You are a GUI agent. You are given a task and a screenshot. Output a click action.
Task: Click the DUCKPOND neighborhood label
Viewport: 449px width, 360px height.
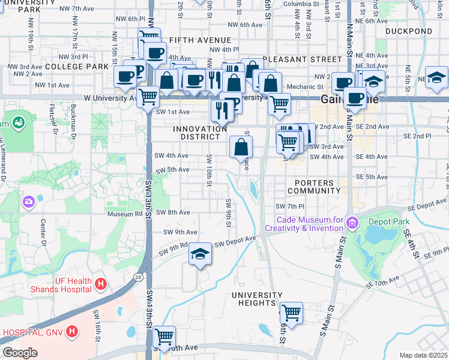tap(409, 31)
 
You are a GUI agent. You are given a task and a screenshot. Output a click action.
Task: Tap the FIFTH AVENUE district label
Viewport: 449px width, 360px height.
tap(192, 40)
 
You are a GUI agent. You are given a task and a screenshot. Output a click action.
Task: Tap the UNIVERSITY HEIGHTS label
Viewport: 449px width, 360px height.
tap(257, 299)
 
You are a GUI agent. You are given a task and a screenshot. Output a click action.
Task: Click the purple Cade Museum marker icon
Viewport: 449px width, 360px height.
tap(351, 224)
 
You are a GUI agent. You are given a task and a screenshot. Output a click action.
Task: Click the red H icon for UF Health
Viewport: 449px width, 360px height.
tap(101, 283)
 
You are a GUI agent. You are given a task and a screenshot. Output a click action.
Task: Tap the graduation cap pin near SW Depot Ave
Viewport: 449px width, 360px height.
tap(200, 254)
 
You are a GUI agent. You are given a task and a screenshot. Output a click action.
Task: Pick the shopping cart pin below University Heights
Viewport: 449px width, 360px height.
tap(291, 312)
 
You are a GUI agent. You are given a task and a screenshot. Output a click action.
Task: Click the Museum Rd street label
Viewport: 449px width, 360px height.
tap(124, 214)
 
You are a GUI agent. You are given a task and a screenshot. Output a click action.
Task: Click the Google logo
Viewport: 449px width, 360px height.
tap(20, 353)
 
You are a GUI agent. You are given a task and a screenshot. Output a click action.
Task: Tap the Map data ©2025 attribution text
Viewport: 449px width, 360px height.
tap(423, 355)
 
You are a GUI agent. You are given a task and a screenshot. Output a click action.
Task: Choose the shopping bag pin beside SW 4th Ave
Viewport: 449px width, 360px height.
tap(241, 146)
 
